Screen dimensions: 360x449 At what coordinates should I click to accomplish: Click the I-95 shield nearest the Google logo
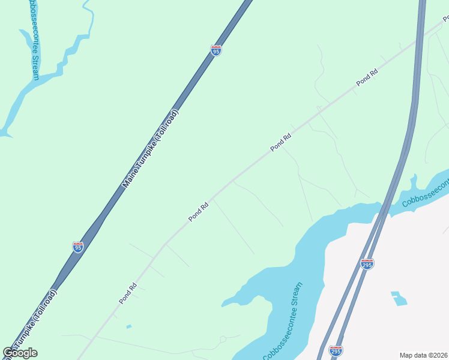pyautogui.click(x=77, y=247)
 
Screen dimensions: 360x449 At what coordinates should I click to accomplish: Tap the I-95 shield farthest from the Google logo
pyautogui.click(x=216, y=51)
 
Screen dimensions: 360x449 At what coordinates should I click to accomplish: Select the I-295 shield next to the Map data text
pyautogui.click(x=336, y=350)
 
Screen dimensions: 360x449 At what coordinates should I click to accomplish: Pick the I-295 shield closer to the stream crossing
pyautogui.click(x=367, y=263)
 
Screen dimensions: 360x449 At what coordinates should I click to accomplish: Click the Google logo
pyautogui.click(x=20, y=353)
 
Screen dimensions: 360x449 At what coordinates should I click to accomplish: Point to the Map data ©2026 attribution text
pyautogui.click(x=424, y=355)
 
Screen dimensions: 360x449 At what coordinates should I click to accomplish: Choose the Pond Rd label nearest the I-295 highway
pyautogui.click(x=366, y=77)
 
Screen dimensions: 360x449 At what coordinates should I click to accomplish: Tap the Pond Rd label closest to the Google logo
pyautogui.click(x=128, y=293)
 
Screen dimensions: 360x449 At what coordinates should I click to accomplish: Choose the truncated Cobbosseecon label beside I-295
pyautogui.click(x=425, y=193)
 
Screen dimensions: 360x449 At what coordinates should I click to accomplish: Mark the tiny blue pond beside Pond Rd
pyautogui.click(x=129, y=326)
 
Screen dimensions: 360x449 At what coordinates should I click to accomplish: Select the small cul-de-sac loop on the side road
pyautogui.click(x=223, y=339)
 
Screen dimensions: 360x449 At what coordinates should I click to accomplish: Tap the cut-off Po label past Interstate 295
pyautogui.click(x=445, y=19)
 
